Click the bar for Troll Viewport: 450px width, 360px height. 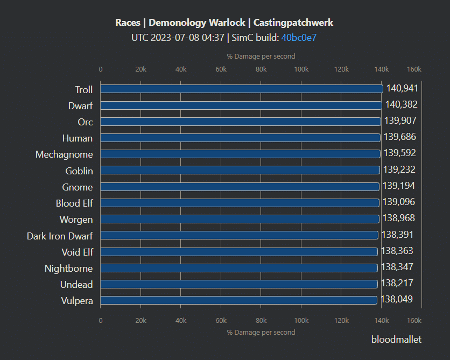[241, 89]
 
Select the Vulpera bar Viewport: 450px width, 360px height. [238, 300]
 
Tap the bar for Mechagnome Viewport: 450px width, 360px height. [240, 154]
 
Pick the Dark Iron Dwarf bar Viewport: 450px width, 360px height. [239, 235]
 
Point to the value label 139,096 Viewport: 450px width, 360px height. [399, 202]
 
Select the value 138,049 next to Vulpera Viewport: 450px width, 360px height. [397, 300]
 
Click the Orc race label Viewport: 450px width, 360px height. [85, 122]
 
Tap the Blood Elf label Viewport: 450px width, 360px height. [74, 203]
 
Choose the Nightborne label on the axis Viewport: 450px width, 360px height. [68, 269]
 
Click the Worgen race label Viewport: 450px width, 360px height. [76, 220]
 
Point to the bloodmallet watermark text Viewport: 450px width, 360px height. [396, 340]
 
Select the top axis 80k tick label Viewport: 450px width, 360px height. [261, 69]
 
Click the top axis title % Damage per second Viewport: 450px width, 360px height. [261, 56]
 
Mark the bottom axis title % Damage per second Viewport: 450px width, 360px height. [261, 333]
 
